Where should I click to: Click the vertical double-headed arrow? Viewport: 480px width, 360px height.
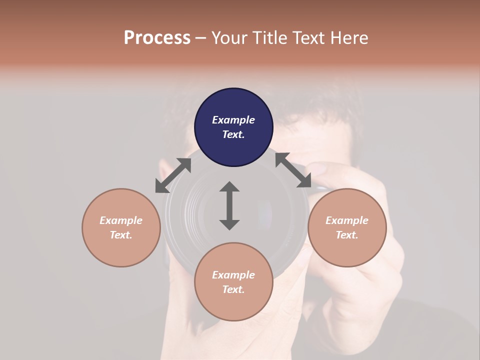[x=229, y=205]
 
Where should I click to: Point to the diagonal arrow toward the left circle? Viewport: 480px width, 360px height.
[x=173, y=175]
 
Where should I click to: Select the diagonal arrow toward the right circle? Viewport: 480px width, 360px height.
[x=293, y=170]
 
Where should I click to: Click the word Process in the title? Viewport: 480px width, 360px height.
[x=157, y=37]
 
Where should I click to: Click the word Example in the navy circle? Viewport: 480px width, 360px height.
[x=233, y=120]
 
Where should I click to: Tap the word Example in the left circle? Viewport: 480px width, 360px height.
[x=121, y=220]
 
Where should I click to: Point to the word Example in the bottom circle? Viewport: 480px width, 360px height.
[x=233, y=275]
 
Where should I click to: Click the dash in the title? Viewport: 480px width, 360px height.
[x=201, y=38]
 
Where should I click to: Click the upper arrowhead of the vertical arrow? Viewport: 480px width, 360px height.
[x=229, y=187]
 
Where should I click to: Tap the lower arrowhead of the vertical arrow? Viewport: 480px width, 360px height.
[x=229, y=224]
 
